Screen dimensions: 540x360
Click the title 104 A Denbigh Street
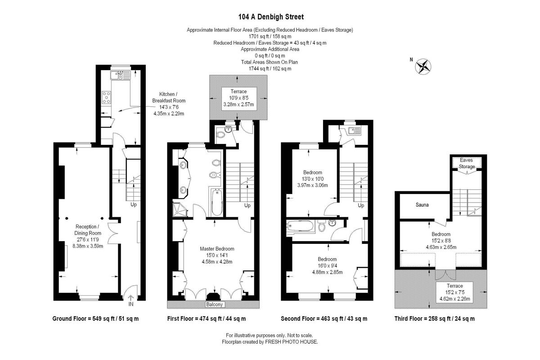tap(271, 17)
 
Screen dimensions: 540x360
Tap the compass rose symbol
tap(423, 67)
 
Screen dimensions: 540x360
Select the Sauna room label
tap(422, 205)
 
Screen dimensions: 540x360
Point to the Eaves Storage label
tap(467, 163)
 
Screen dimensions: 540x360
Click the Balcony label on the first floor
tap(214, 304)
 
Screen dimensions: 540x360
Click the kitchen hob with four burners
tap(106, 97)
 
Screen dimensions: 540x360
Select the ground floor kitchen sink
tap(120, 75)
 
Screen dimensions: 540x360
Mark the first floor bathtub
tap(217, 202)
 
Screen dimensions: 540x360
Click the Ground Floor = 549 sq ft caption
tap(95, 319)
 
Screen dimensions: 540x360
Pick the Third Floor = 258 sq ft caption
tap(434, 319)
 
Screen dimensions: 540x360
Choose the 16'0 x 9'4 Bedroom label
tap(327, 265)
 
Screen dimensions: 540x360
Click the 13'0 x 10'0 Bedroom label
tap(312, 179)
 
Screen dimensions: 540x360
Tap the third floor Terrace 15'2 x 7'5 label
tap(454, 292)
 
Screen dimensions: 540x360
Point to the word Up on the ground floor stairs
tap(134, 204)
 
